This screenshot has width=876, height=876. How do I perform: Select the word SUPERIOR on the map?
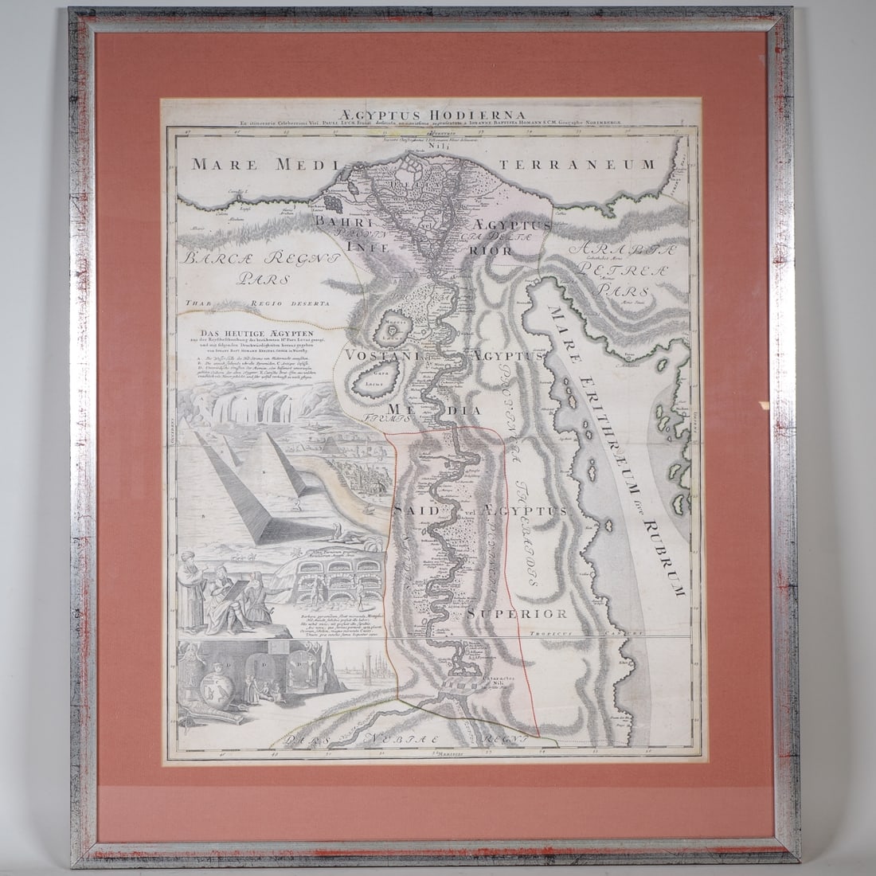pos(527,612)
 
